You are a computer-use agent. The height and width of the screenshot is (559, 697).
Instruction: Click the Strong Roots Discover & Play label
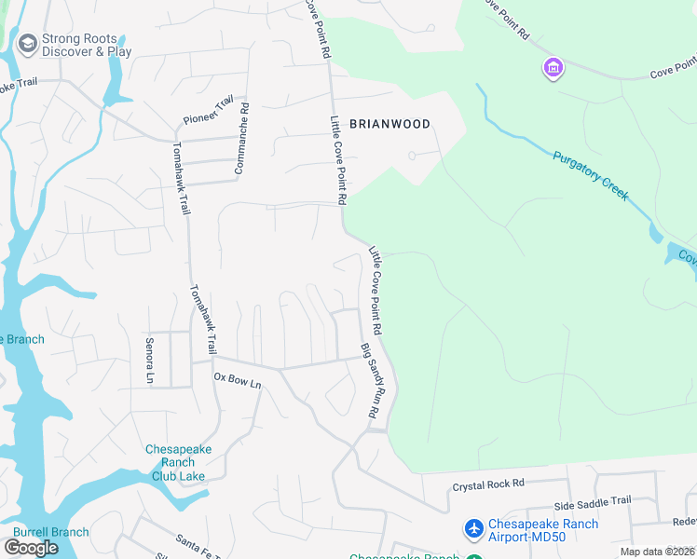87,46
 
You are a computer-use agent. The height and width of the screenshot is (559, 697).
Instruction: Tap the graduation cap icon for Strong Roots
27,44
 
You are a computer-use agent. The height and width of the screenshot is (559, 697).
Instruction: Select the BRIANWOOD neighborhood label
389,124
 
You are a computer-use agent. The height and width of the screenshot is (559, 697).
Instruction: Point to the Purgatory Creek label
590,176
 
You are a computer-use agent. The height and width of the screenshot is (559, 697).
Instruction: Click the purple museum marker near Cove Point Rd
553,68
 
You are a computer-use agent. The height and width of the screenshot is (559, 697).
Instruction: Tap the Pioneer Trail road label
209,113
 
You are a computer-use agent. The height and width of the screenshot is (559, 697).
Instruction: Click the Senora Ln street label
149,361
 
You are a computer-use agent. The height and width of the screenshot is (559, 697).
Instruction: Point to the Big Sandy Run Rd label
372,379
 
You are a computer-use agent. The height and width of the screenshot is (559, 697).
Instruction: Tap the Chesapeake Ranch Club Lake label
178,462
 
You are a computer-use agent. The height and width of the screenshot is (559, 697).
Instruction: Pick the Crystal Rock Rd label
488,484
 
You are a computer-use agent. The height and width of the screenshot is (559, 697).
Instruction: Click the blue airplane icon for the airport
474,529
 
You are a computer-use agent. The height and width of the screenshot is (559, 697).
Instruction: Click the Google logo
31,548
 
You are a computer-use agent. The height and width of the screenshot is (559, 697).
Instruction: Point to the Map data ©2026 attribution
658,552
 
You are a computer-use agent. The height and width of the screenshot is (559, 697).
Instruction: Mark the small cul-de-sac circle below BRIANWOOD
412,156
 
